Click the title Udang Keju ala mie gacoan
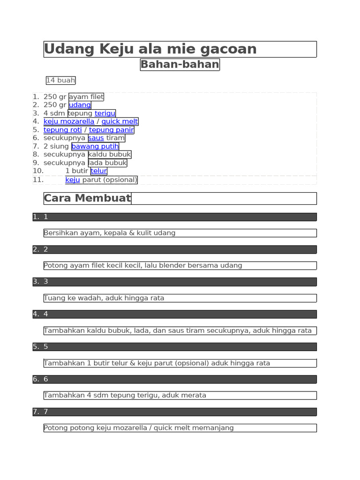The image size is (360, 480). pos(150,49)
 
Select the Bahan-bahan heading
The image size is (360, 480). pos(180,65)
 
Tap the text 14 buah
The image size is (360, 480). pos(60,81)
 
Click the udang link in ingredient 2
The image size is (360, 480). pos(80,105)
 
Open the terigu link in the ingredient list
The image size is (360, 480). pos(105,113)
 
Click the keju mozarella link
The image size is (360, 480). pos(69,121)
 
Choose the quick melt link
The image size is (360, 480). pos(120,121)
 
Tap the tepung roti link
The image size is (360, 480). pos(63,130)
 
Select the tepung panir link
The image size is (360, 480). pos(112,130)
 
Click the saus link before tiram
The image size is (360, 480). pos(96,138)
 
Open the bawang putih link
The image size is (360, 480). pos(95,147)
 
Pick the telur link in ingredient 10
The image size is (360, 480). pos(99,171)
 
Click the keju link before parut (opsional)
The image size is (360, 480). pos(73,180)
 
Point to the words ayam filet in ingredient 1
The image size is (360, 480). pos(86,97)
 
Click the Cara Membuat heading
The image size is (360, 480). pos(87,198)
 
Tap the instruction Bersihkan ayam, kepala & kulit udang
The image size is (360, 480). pos(110,233)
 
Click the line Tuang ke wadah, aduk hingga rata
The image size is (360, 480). pos(104,298)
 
